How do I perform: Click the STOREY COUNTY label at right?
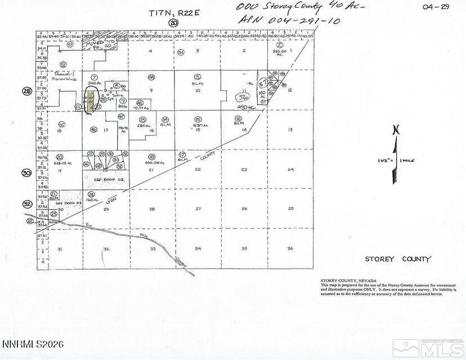398,259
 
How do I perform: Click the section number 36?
290,248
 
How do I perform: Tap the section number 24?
290,169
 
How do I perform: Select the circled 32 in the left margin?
26,204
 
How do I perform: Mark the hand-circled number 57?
262,82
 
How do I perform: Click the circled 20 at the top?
173,22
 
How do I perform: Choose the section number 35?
244,248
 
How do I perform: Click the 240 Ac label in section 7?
94,83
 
